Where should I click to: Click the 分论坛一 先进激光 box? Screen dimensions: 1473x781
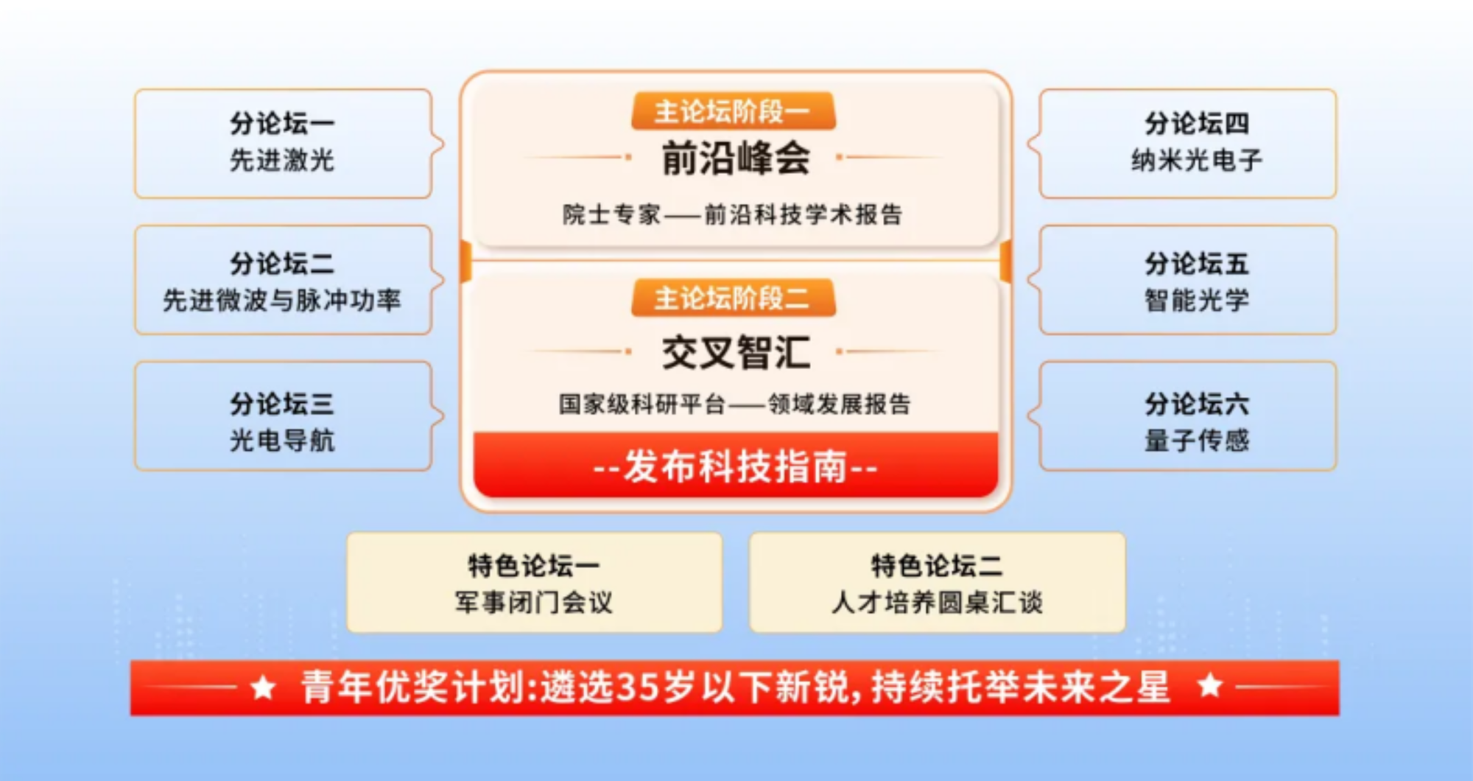(x=284, y=144)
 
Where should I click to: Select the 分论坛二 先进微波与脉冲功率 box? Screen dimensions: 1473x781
(x=284, y=280)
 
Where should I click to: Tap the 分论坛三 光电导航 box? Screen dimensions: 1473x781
(x=284, y=416)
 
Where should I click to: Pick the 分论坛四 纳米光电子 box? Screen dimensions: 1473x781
(x=1187, y=144)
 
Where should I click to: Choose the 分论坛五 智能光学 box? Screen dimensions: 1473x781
(x=1187, y=280)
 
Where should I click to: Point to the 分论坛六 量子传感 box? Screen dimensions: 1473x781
(x=1187, y=416)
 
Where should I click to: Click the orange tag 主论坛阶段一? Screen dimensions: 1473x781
(x=734, y=111)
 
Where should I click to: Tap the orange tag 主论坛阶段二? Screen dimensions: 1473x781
(x=734, y=298)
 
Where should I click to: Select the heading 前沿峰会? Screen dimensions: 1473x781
(x=736, y=158)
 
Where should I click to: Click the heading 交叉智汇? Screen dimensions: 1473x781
(x=736, y=352)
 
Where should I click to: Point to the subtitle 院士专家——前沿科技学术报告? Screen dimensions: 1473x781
(x=733, y=214)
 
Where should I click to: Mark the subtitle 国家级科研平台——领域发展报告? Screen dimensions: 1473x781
(x=734, y=404)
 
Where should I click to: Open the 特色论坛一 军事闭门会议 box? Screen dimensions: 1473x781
(x=534, y=583)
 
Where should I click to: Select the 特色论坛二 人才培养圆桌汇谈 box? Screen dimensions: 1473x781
(x=937, y=583)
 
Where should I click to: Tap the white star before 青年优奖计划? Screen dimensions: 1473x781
(x=263, y=687)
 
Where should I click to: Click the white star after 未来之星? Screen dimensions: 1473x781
(x=1210, y=686)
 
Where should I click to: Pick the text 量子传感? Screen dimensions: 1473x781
(x=1197, y=440)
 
